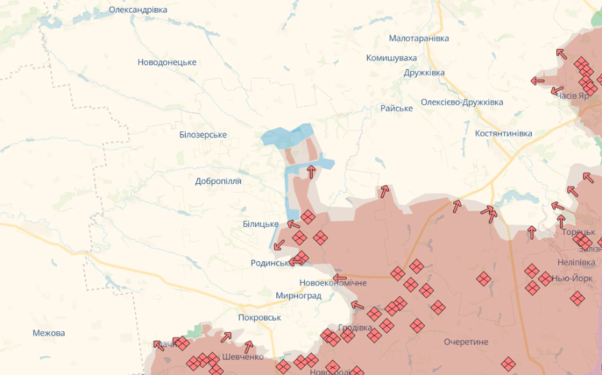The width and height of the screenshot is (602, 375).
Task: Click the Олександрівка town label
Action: (138, 9)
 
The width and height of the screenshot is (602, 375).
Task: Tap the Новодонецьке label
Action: (167, 62)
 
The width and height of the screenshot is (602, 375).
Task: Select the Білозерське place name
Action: (203, 134)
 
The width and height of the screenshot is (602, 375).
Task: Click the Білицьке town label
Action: (260, 224)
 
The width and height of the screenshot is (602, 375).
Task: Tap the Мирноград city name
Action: (299, 296)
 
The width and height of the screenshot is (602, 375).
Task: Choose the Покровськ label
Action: (259, 318)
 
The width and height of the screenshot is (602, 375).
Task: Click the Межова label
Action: (49, 333)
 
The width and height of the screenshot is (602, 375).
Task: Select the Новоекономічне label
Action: (333, 282)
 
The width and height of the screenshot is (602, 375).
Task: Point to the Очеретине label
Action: (466, 341)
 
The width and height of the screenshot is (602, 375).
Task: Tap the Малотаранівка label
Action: (419, 38)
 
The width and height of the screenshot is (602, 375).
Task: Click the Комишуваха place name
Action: (391, 57)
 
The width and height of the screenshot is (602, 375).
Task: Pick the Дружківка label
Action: (424, 72)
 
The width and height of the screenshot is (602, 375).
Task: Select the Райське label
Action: (397, 108)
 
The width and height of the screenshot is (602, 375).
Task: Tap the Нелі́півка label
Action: (576, 262)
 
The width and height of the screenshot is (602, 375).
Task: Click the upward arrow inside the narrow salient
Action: (311, 171)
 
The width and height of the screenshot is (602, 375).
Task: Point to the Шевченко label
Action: (242, 357)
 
